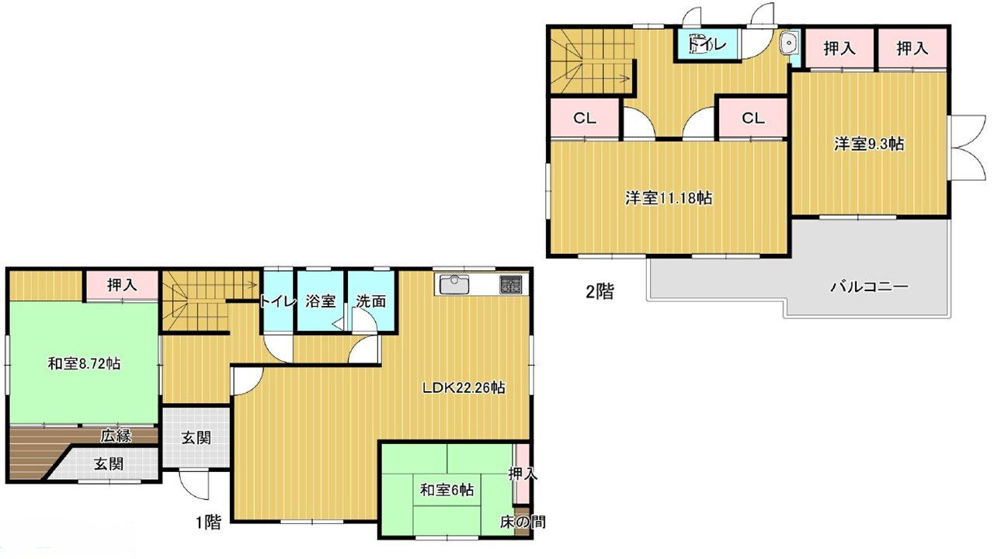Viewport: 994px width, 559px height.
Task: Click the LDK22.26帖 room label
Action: click(464, 388)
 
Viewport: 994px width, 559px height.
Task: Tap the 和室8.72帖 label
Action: click(84, 364)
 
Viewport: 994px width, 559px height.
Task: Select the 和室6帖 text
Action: click(447, 490)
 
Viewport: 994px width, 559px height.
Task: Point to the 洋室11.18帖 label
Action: click(669, 198)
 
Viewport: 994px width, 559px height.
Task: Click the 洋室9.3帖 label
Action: click(869, 144)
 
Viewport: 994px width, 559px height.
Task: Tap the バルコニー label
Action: click(869, 286)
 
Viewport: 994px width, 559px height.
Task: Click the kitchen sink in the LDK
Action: click(454, 284)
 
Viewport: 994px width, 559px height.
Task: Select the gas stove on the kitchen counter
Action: click(511, 284)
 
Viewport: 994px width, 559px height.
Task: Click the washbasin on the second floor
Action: click(789, 43)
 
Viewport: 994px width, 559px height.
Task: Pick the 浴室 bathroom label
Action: click(321, 301)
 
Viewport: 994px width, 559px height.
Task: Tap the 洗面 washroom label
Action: click(371, 301)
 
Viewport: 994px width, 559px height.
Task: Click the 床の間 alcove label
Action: click(523, 523)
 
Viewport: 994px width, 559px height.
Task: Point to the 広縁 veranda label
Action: click(116, 436)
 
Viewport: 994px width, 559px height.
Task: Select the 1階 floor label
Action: click(209, 523)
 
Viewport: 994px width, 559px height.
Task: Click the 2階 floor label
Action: click(600, 291)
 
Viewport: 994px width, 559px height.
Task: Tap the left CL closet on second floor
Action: click(585, 118)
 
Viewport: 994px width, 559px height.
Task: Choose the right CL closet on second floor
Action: click(753, 118)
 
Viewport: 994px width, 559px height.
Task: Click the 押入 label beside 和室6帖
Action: click(523, 474)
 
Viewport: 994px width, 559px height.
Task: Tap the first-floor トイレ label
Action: click(278, 302)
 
